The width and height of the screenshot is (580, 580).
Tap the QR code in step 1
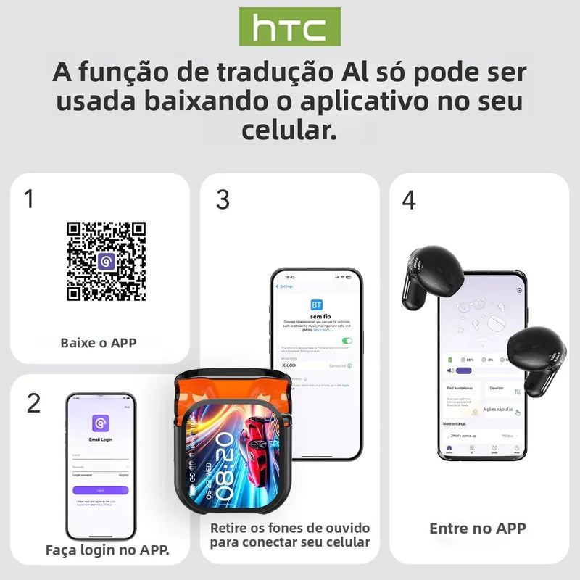[x=106, y=261]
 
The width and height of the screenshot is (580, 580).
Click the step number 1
[x=29, y=199]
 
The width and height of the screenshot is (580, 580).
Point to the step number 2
[x=33, y=403]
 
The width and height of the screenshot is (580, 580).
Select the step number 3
[x=223, y=199]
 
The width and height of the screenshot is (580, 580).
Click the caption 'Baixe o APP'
[x=99, y=342]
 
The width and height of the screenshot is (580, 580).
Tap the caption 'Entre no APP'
[x=478, y=529]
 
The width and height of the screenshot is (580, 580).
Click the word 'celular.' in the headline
[x=289, y=130]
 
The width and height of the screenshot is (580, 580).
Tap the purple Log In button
[x=101, y=490]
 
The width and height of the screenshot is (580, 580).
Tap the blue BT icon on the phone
[x=316, y=304]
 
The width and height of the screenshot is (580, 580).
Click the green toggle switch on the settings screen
[x=347, y=340]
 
